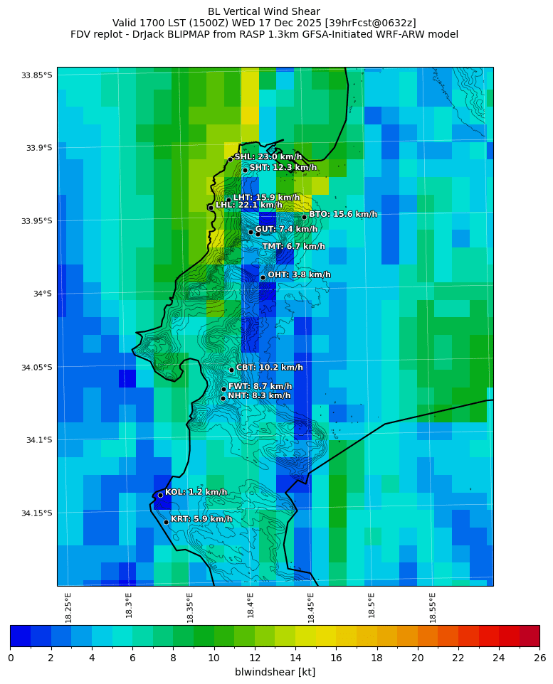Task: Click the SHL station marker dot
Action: tap(231, 159)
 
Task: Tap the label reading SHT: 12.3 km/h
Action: tap(283, 168)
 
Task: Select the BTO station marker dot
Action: tap(304, 217)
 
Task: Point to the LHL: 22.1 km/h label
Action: tap(249, 205)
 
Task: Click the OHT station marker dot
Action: tap(263, 277)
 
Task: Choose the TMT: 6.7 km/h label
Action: tap(293, 247)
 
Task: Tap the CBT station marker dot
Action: tap(231, 370)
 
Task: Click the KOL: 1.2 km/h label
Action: tap(196, 492)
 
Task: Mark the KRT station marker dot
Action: tap(166, 522)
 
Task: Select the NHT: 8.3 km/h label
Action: tap(259, 396)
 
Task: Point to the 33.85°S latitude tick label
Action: tap(37, 75)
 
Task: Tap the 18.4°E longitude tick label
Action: tap(251, 607)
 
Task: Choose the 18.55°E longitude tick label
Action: tap(433, 607)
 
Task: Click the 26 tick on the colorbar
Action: tap(539, 658)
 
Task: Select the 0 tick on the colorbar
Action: tap(11, 658)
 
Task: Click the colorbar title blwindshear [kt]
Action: tap(275, 672)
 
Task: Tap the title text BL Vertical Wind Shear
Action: tap(264, 11)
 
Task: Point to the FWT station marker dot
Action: tap(223, 389)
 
